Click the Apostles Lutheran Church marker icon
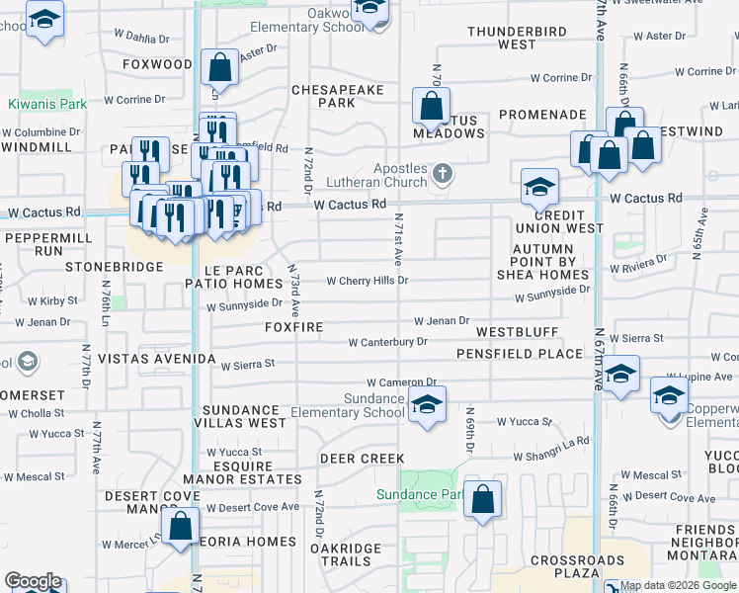point(443,175)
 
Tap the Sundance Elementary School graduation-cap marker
point(426,404)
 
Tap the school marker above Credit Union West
point(539,186)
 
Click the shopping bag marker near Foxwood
point(220,67)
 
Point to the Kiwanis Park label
point(47,104)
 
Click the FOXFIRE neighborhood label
point(295,326)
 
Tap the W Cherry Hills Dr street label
point(367,281)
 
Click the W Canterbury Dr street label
point(387,342)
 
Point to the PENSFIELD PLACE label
point(519,353)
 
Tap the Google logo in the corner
point(33,581)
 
